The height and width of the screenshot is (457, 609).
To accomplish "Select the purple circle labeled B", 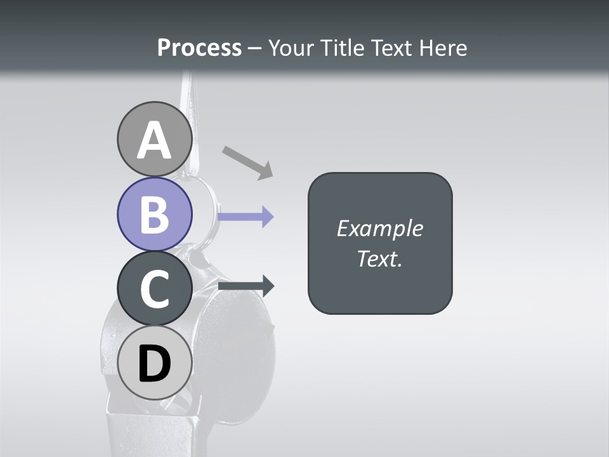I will (154, 214).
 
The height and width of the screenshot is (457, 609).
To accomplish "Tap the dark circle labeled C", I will (154, 288).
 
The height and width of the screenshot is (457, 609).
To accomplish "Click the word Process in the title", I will (199, 48).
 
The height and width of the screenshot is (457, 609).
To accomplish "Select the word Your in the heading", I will (291, 48).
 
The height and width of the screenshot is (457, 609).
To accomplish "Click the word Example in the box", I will (379, 228).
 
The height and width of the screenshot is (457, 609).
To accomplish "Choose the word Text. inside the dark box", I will (379, 258).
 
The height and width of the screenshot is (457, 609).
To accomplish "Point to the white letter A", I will (154, 140).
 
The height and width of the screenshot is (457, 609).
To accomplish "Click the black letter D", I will (154, 364).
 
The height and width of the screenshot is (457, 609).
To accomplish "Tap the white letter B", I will (154, 215).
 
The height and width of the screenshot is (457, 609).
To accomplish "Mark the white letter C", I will (154, 289).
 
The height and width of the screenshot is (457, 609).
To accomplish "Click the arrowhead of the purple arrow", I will (267, 216).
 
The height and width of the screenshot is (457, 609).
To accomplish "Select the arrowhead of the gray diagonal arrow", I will (265, 171).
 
